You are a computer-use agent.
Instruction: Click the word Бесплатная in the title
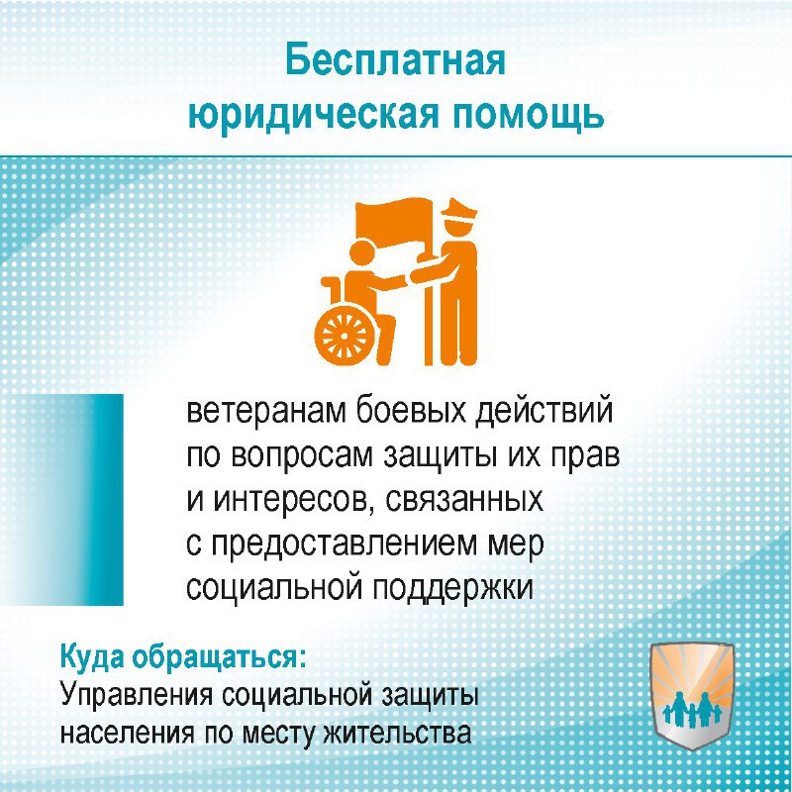(395, 61)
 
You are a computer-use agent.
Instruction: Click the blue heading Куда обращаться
(183, 657)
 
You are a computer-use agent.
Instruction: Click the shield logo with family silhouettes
(692, 699)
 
